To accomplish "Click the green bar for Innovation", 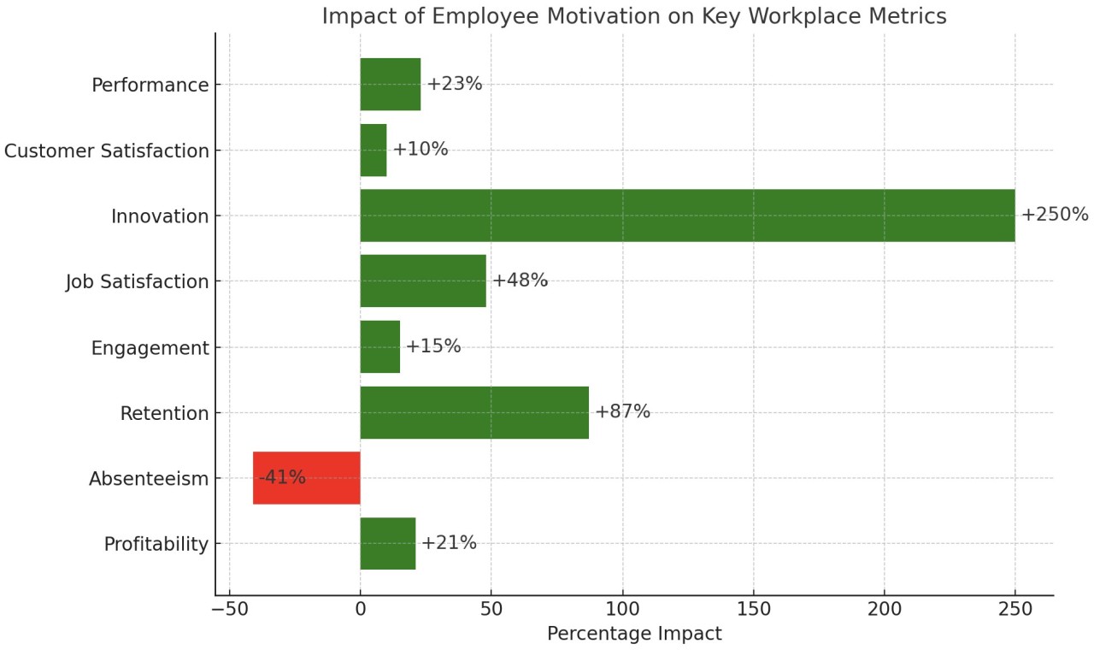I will pyautogui.click(x=687, y=216).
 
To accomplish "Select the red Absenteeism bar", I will pyautogui.click(x=306, y=477).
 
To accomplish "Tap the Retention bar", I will pyautogui.click(x=474, y=412).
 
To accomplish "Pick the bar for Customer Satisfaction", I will pyautogui.click(x=373, y=151).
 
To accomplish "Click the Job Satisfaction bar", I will pyautogui.click(x=423, y=281).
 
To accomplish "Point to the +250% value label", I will pyautogui.click(x=1054, y=215).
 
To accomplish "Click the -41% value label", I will pyautogui.click(x=282, y=477).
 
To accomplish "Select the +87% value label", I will pyautogui.click(x=622, y=411).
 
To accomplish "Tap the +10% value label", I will pyautogui.click(x=420, y=150).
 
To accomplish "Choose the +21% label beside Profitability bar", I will pyautogui.click(x=449, y=542).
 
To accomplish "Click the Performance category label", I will pyautogui.click(x=150, y=86).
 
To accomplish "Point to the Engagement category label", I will pyautogui.click(x=150, y=348).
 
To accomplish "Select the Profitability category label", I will pyautogui.click(x=156, y=544).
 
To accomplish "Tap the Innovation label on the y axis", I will pyautogui.click(x=160, y=217).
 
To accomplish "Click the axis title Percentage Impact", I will pyautogui.click(x=633, y=634).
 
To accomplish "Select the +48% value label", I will pyautogui.click(x=520, y=281).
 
